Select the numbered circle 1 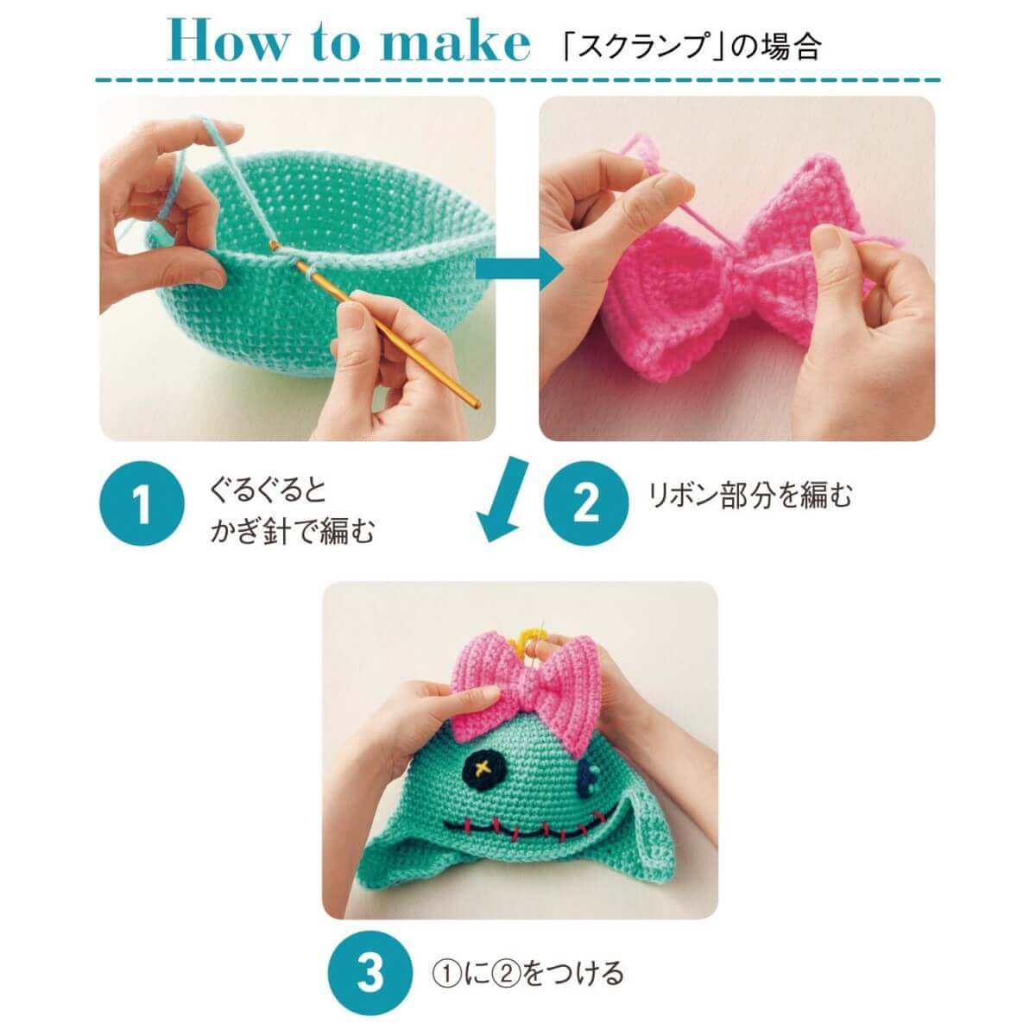pos(142,503)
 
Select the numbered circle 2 pos(585,503)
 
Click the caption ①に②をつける pos(527,958)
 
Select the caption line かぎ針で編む pos(292,530)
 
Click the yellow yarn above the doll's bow pos(529,635)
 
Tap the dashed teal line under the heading pos(518,80)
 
